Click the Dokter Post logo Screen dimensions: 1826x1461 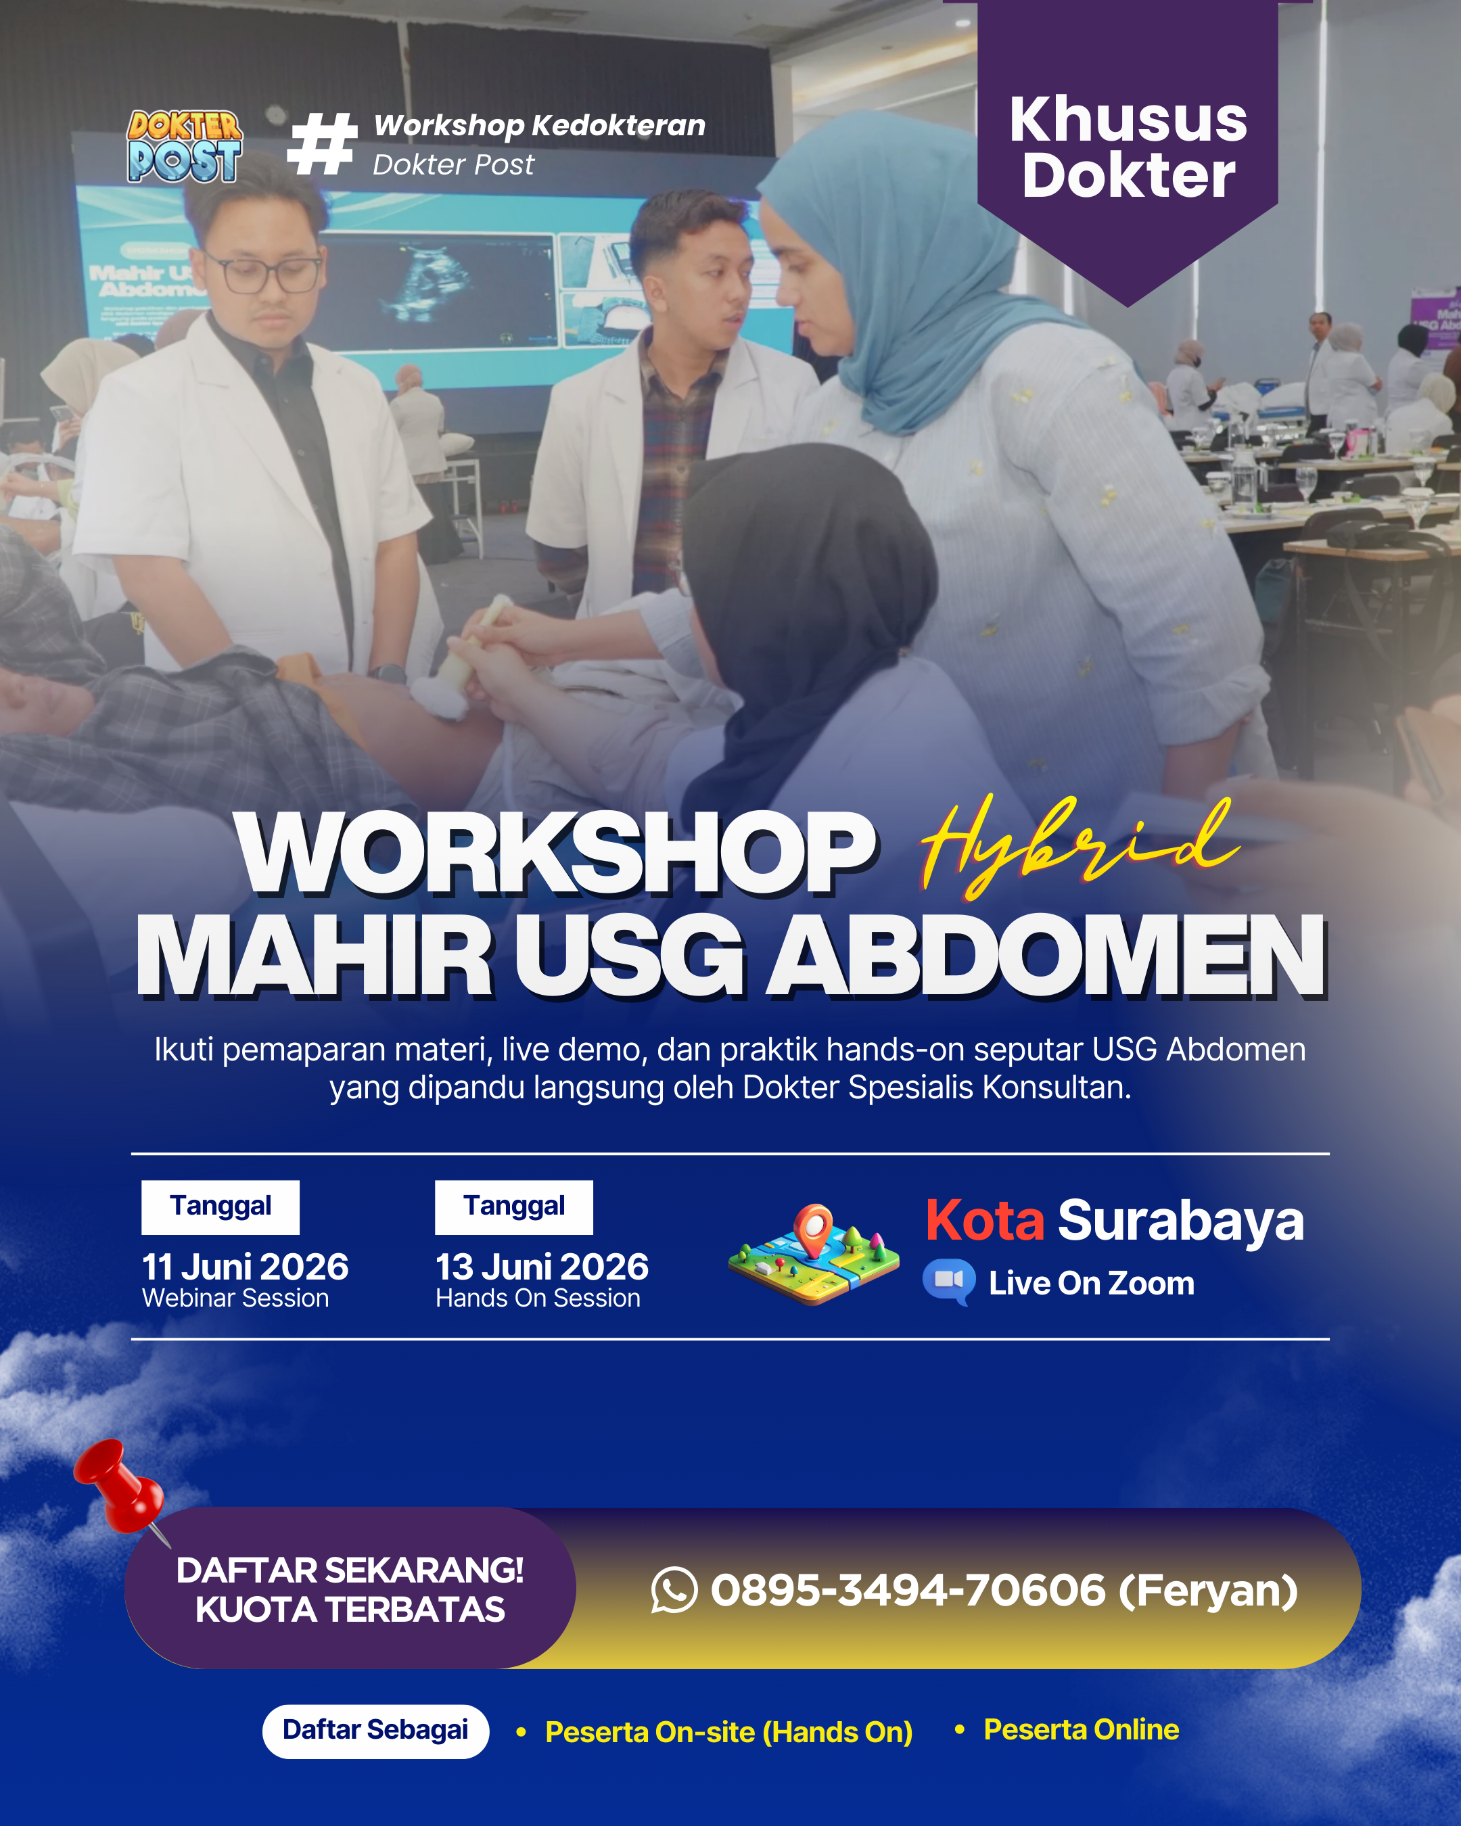coord(185,147)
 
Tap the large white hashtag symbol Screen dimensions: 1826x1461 coord(321,145)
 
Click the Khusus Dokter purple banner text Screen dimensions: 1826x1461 coord(1128,147)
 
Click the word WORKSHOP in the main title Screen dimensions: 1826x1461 coord(555,853)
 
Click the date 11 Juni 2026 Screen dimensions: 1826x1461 coord(245,1267)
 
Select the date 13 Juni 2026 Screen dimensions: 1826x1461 coord(541,1267)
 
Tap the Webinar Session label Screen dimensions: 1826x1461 coord(235,1298)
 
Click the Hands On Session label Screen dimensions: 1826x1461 coord(538,1298)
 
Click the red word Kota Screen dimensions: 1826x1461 coord(984,1221)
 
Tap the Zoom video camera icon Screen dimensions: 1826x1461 coord(948,1281)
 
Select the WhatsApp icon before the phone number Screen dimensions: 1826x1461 coord(674,1590)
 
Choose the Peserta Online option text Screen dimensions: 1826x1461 coord(1081,1729)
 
